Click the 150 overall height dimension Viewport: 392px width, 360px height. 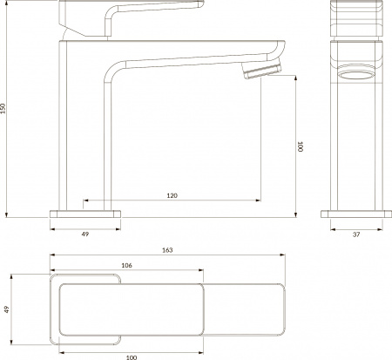(x=5, y=108)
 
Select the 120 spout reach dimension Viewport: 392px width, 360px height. (x=172, y=196)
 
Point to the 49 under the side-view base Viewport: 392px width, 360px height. (x=84, y=234)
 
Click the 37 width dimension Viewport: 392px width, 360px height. (x=356, y=234)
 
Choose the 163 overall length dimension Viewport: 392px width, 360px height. (x=167, y=251)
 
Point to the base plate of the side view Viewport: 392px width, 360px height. (x=85, y=213)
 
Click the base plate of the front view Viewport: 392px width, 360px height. (x=355, y=213)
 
